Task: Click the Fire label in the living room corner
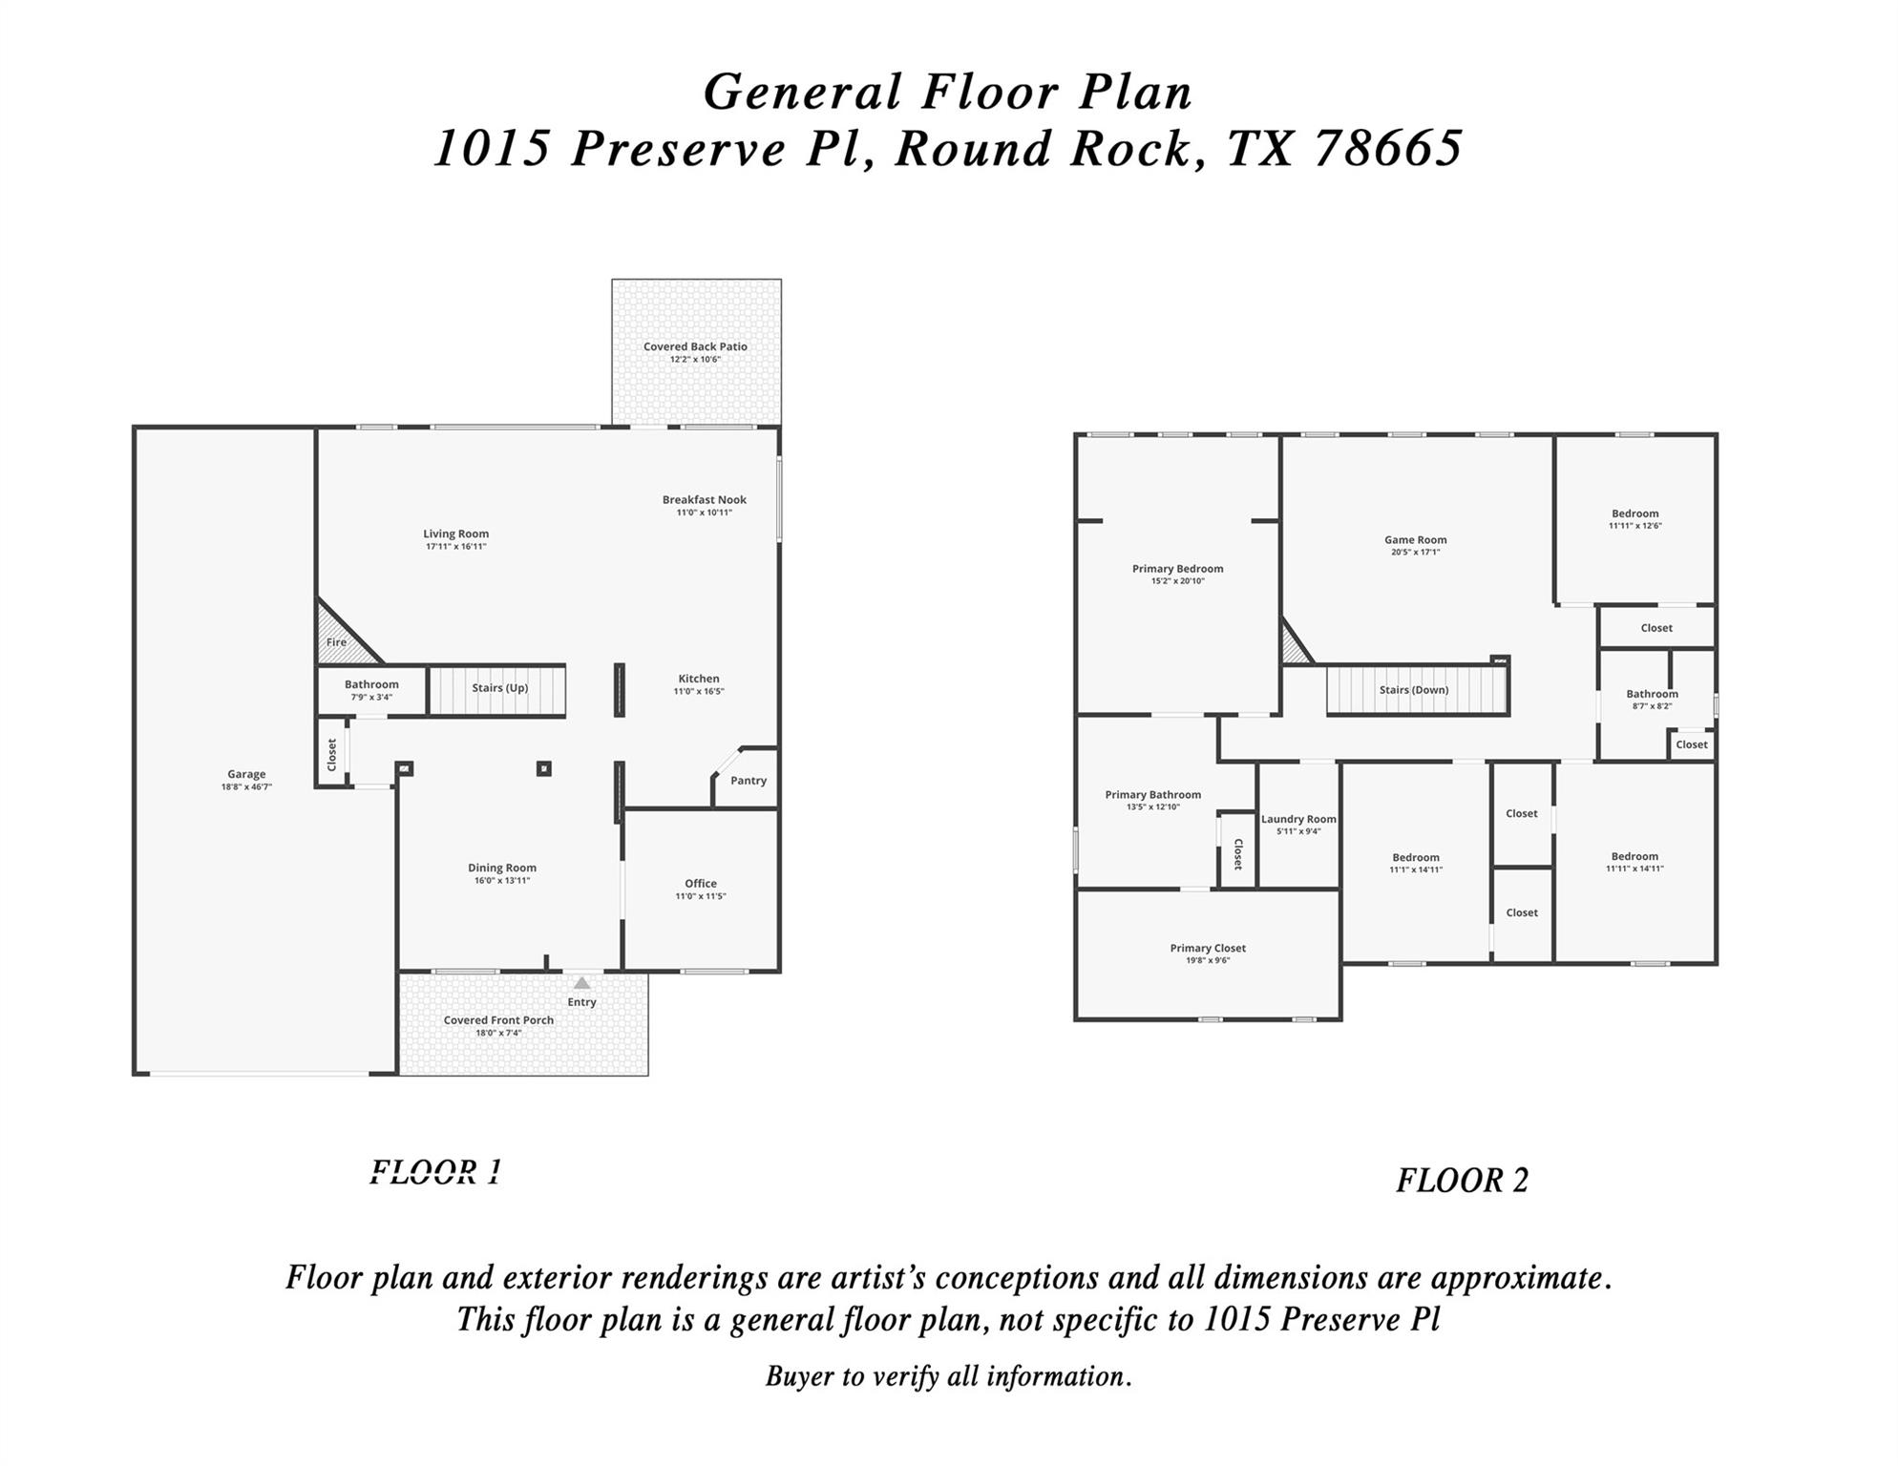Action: coord(336,643)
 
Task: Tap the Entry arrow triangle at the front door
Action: coord(581,983)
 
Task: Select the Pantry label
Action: coord(749,781)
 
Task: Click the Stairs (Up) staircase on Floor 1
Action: coord(497,689)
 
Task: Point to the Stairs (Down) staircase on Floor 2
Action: coord(1415,691)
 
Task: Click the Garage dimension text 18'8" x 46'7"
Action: coord(246,787)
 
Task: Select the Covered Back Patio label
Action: coord(695,347)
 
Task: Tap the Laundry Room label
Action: coord(1298,820)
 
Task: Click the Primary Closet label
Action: coord(1208,949)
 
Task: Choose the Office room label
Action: coord(701,884)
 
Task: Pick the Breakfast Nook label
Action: coord(705,500)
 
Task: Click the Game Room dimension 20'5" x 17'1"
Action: coord(1416,553)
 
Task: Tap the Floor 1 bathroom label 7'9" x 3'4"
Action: coord(371,698)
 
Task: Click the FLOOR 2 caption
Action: coord(1462,1182)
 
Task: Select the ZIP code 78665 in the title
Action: coord(1389,149)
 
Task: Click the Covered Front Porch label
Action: coord(498,1020)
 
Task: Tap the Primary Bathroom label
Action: coord(1153,795)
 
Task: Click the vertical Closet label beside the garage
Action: coord(332,755)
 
